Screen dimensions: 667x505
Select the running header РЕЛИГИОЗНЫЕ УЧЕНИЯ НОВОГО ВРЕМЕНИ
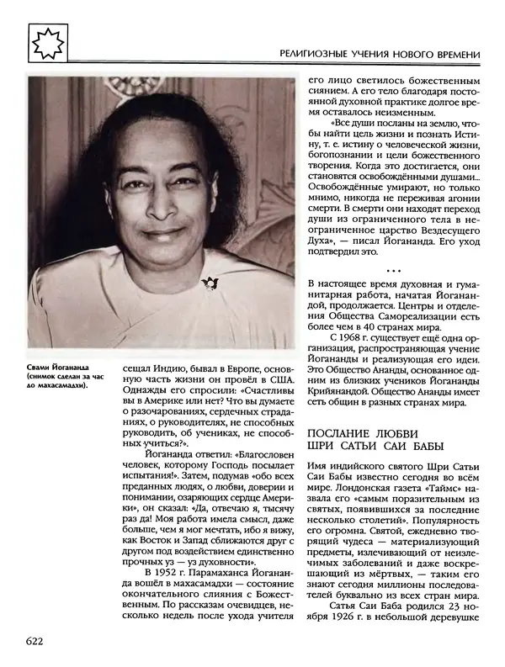coord(380,56)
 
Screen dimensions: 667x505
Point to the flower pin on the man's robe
coord(210,282)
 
